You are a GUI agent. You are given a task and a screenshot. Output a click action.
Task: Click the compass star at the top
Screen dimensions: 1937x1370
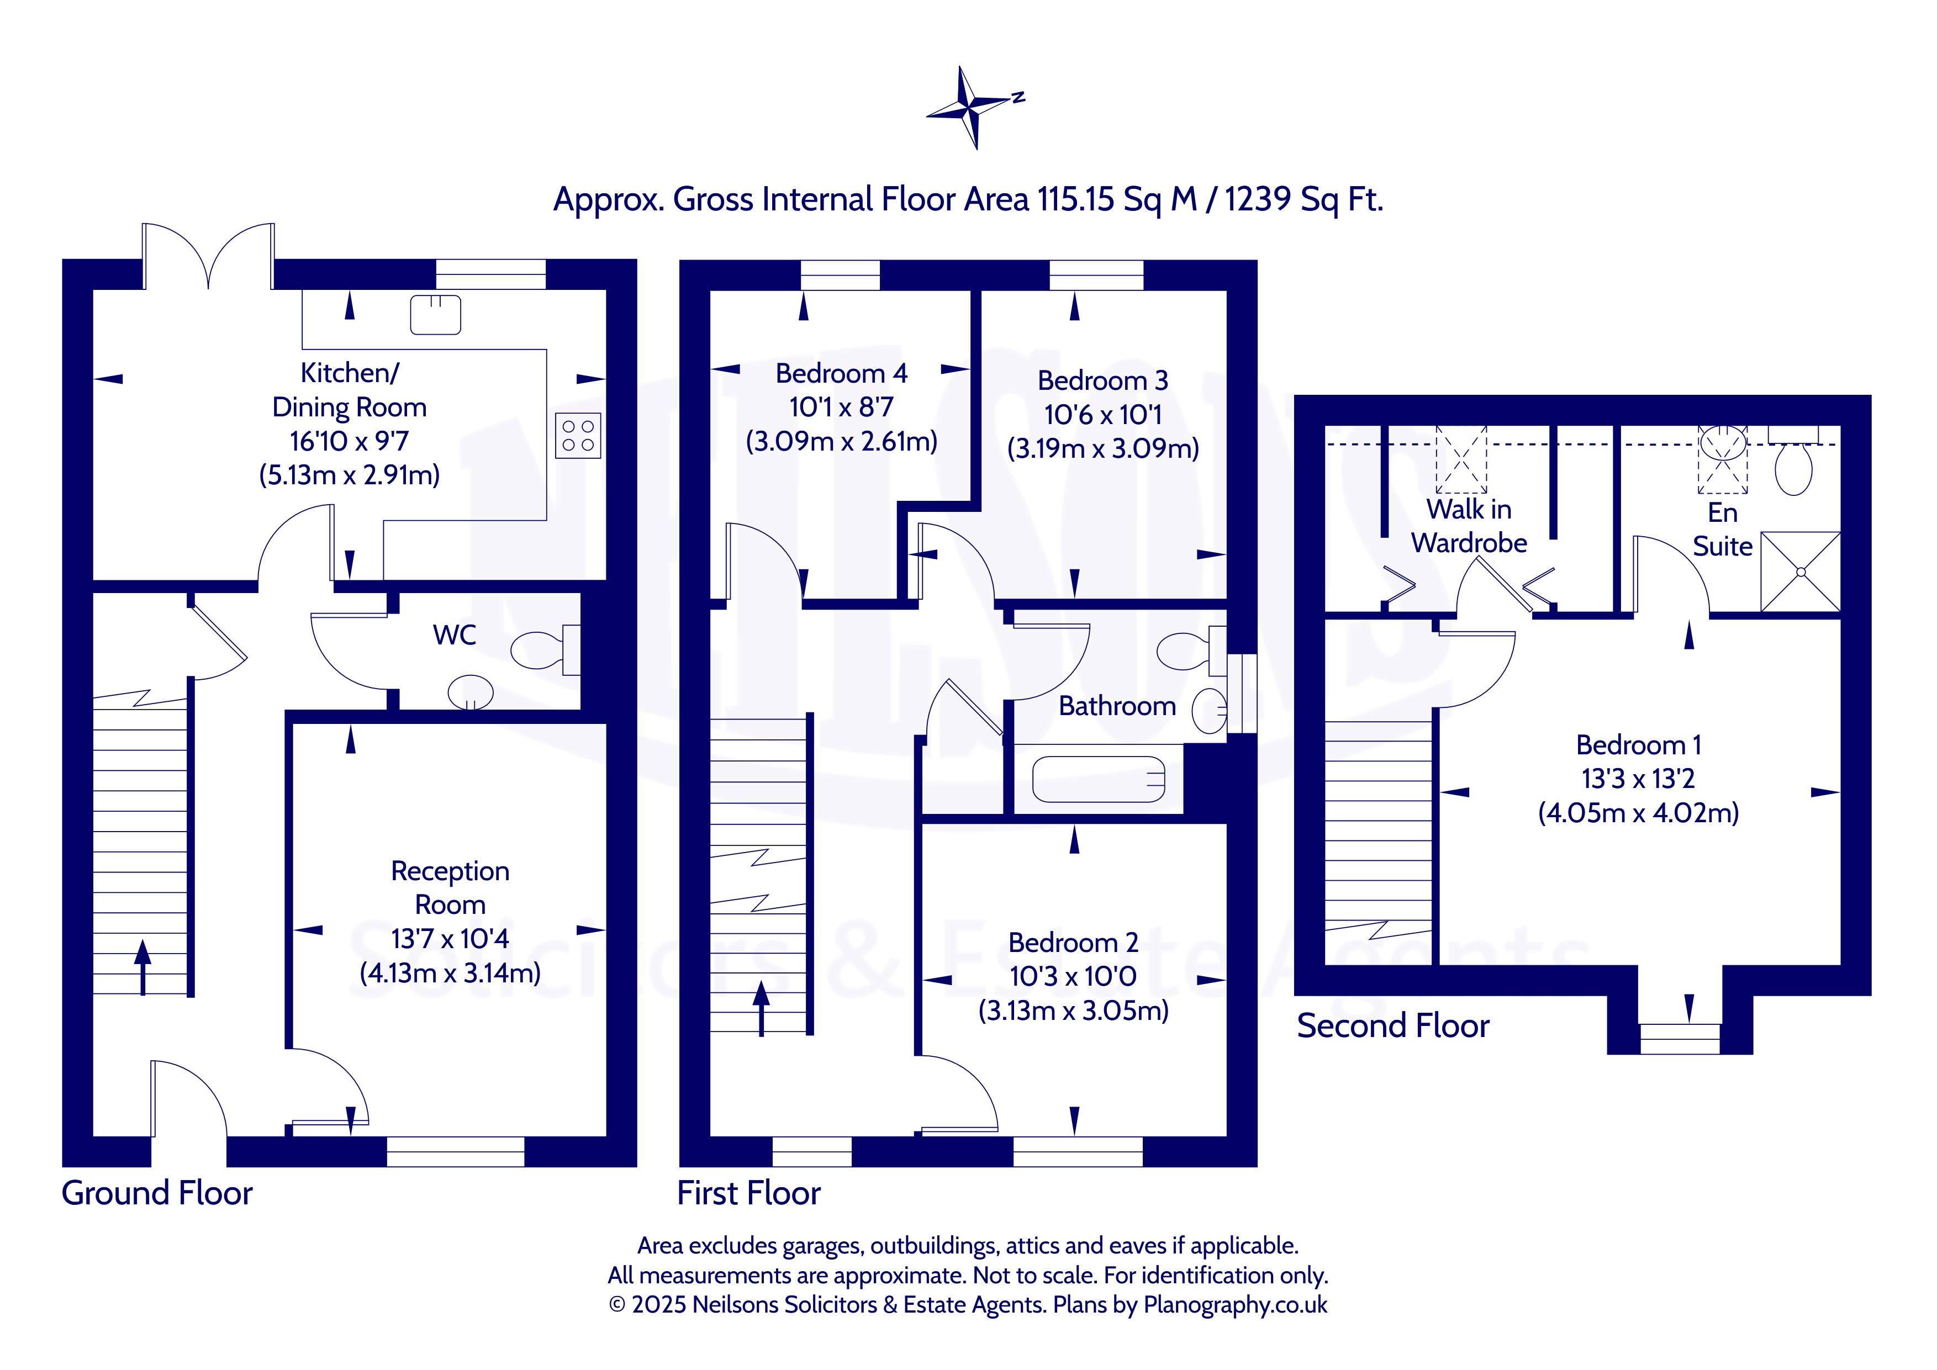(x=972, y=107)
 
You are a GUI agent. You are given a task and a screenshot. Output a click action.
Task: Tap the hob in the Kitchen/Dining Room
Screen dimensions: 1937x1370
(x=578, y=435)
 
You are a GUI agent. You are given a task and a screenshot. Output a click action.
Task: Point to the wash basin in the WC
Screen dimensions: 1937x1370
(x=470, y=692)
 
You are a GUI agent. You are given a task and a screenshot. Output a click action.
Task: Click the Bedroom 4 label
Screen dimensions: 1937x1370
(x=841, y=373)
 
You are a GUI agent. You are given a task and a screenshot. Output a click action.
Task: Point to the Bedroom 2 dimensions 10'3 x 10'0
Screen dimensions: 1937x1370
(x=1073, y=976)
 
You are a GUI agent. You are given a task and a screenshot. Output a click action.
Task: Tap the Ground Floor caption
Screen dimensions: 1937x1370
(x=157, y=1193)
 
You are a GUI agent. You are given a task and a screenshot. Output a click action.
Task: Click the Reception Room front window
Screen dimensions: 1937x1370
(x=456, y=1151)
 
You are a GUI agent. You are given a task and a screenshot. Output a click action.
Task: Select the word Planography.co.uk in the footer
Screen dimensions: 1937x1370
(x=1235, y=1304)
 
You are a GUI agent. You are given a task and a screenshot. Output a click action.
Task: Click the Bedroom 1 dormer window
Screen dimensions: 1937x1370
(x=1680, y=1039)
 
